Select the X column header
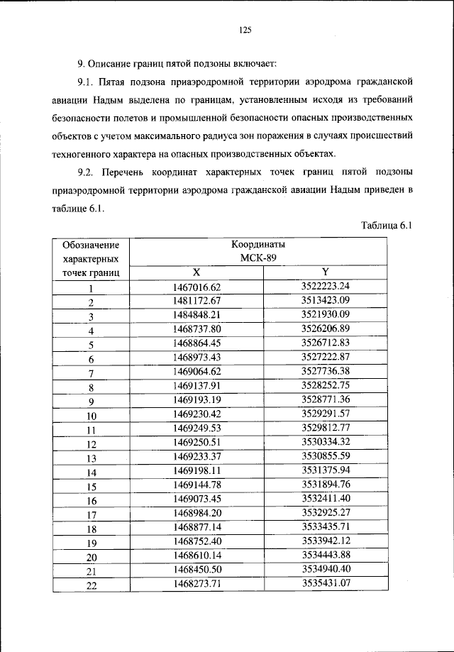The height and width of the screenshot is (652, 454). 197,272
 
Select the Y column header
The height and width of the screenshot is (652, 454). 325,271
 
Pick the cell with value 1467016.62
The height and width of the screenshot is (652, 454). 197,287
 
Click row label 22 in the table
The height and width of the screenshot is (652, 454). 91,586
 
